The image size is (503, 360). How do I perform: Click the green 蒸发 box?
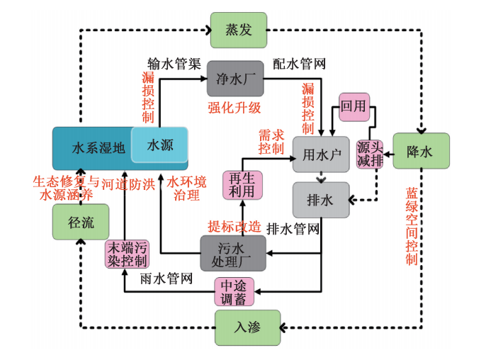238,30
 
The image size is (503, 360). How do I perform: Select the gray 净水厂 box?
234,79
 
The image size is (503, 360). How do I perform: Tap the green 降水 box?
421,151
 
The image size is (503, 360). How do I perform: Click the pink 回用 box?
354,107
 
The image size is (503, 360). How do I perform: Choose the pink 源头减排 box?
369,154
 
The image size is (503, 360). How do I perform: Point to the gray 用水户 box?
321,154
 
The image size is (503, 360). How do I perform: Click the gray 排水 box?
321,200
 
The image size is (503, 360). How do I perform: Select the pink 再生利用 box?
242,184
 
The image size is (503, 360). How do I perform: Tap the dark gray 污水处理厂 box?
232,253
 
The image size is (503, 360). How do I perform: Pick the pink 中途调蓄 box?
234,291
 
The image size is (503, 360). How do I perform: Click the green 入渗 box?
247,328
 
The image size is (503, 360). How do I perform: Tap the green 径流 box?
80,221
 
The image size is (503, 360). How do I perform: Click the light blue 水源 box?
160,145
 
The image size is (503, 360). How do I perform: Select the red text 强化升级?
234,107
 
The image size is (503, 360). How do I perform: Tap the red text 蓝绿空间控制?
412,225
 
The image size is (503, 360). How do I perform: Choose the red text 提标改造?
234,226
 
